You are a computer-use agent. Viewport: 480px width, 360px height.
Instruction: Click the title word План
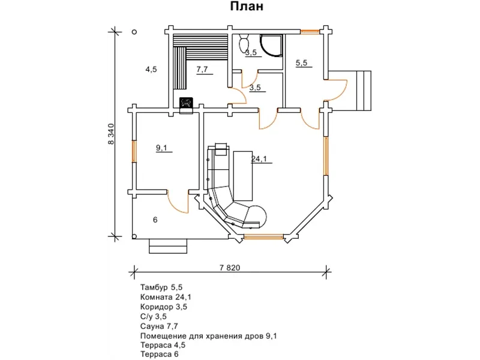click(247, 7)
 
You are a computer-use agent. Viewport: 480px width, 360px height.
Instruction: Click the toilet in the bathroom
click(244, 43)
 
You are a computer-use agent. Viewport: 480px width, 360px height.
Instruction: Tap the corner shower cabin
click(271, 46)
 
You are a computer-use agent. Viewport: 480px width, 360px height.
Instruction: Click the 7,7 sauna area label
click(202, 69)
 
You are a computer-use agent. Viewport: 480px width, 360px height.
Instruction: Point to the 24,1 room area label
click(259, 158)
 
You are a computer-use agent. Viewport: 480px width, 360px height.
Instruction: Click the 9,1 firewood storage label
click(161, 148)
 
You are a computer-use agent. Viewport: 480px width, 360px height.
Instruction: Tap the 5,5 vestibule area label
click(301, 63)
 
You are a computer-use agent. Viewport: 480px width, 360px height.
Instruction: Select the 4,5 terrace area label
click(151, 70)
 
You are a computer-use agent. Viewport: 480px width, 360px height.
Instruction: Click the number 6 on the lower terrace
click(155, 220)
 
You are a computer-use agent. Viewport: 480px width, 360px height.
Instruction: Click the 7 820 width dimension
click(230, 268)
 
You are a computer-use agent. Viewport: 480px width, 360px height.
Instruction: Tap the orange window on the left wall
click(134, 151)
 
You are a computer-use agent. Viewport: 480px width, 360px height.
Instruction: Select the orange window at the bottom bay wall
click(263, 236)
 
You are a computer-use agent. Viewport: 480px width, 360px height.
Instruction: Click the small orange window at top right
click(310, 31)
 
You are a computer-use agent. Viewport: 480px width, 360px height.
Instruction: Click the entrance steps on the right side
click(364, 91)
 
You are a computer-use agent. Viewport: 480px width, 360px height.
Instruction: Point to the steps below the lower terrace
click(168, 246)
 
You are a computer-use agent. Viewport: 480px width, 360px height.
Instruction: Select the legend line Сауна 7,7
click(159, 326)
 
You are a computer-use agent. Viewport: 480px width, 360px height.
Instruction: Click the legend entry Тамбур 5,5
click(161, 287)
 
